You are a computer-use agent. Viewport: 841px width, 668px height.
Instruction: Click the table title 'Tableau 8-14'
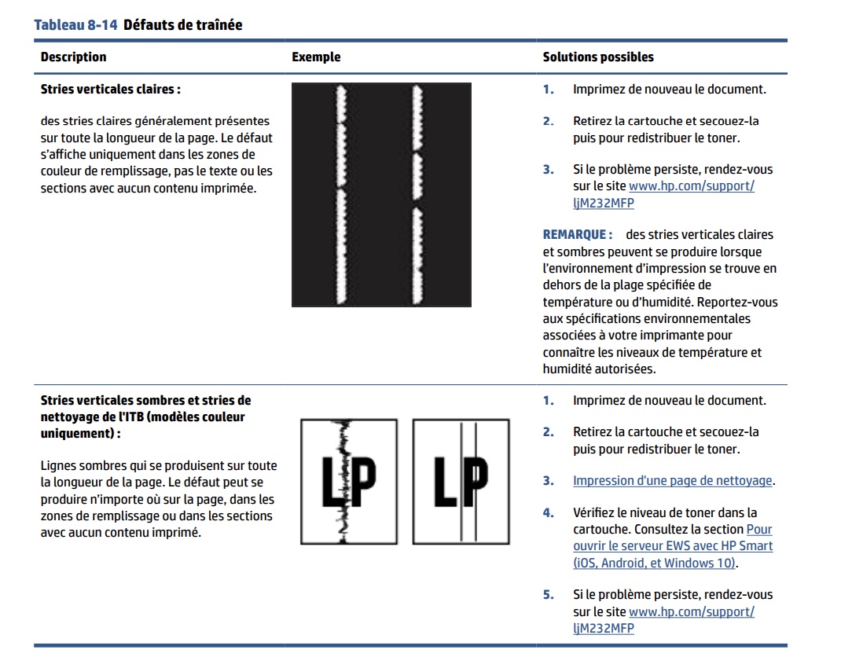coord(75,25)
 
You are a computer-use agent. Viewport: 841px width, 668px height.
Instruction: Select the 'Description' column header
coord(73,57)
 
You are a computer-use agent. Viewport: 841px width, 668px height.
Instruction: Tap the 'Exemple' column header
coord(316,57)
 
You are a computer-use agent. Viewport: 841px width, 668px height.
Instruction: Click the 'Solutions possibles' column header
coord(598,57)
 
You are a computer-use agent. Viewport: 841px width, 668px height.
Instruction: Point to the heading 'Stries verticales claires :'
coord(111,89)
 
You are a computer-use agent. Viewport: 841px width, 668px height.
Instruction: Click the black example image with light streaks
coord(381,194)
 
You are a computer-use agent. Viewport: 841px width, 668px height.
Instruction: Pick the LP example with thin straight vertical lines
coord(461,480)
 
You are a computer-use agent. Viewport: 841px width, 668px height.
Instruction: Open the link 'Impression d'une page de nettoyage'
coord(673,480)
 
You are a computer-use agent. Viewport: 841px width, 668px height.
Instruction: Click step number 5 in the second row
coord(548,595)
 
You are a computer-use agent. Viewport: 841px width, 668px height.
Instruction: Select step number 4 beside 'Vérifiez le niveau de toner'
coord(548,513)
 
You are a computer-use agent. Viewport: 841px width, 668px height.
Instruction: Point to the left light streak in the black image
coord(342,194)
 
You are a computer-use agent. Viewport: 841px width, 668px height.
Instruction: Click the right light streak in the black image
coord(417,194)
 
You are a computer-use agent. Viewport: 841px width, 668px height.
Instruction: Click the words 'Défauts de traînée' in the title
coord(183,25)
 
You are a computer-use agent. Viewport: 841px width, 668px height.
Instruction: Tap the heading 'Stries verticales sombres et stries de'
coord(145,400)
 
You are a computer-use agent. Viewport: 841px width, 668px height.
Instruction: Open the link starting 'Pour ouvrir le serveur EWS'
coord(673,546)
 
